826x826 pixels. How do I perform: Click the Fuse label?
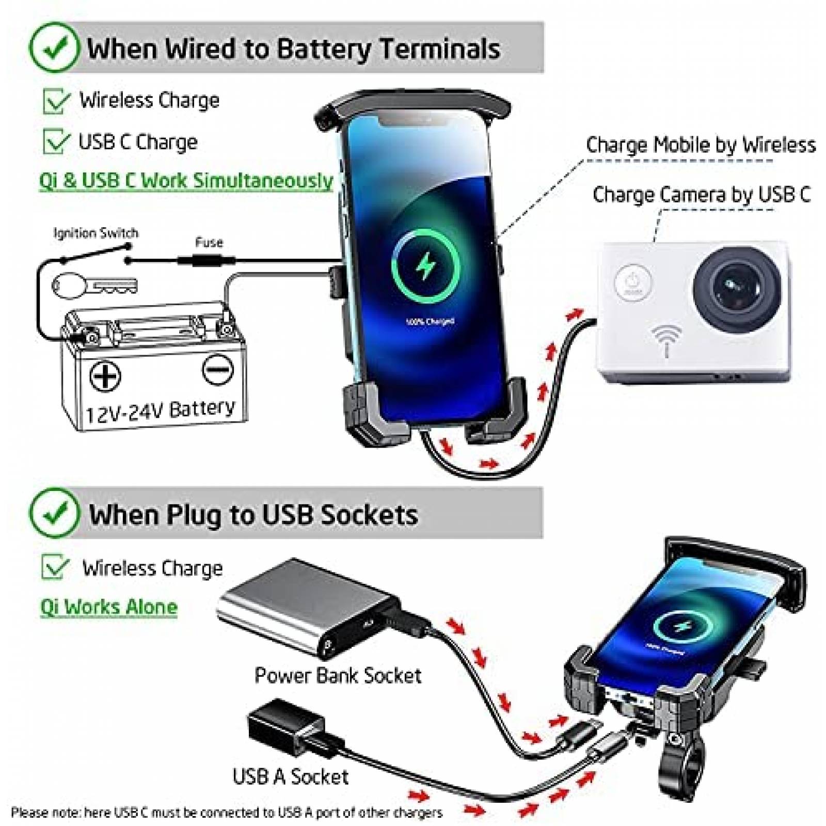[209, 242]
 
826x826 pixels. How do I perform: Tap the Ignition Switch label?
[96, 233]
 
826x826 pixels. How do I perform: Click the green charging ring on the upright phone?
[425, 266]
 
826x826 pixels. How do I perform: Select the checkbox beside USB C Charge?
[56, 141]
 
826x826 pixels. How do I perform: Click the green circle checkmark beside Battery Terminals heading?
[55, 48]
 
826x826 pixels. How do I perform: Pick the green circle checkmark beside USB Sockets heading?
[55, 514]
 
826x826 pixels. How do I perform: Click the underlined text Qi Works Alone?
[108, 607]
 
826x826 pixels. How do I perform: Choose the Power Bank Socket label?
[338, 675]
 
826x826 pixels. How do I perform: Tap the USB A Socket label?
[290, 776]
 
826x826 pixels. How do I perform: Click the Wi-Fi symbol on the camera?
[666, 338]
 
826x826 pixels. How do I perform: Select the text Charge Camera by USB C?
[701, 195]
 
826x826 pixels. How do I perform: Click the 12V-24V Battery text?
[160, 410]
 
